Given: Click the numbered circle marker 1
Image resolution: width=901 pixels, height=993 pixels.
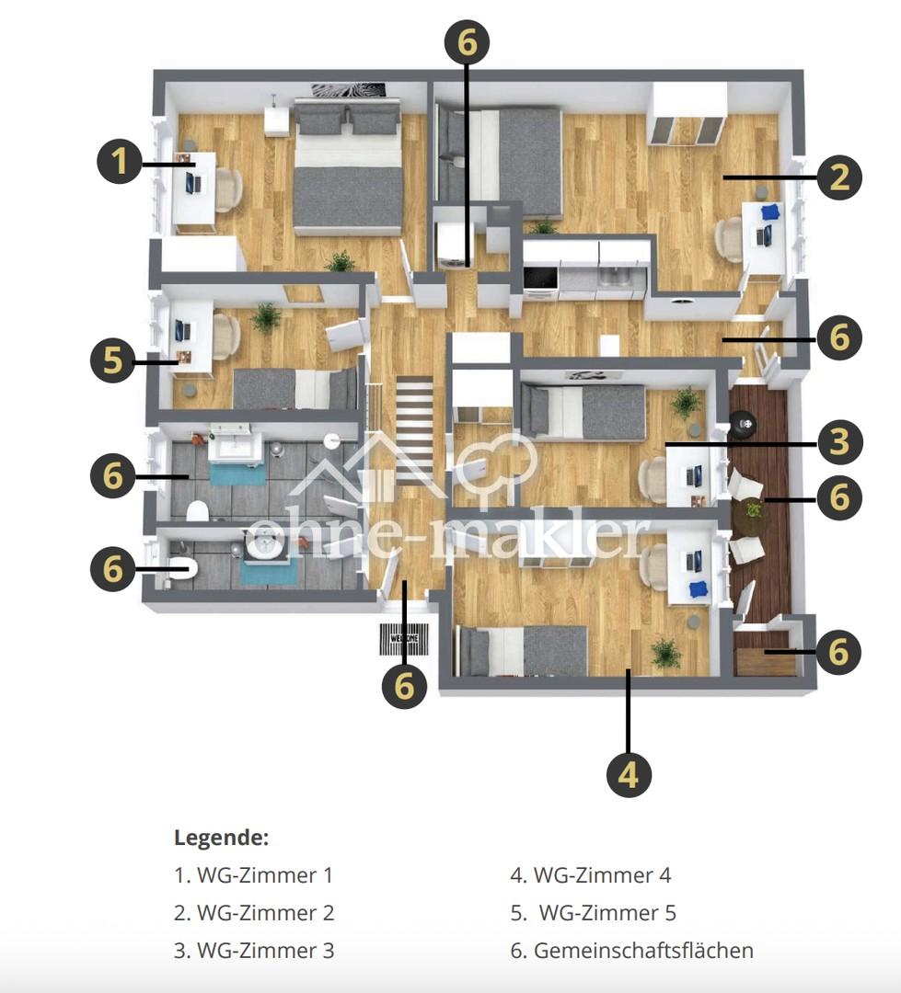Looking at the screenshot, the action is coord(120,162).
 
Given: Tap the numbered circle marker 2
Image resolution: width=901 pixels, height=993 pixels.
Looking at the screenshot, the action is coord(838,177).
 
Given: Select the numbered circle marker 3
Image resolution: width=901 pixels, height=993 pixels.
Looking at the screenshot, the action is coord(838,441).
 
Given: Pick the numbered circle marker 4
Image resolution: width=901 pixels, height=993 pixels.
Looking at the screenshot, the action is coord(629,774).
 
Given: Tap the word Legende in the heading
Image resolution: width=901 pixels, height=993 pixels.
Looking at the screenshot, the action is coord(221,838).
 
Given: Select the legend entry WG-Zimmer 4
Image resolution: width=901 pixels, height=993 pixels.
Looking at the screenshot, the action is coord(590,875).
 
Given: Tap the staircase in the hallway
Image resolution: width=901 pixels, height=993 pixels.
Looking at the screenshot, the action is coord(415,430).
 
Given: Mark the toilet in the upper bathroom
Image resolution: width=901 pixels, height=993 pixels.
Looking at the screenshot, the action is coord(198,510).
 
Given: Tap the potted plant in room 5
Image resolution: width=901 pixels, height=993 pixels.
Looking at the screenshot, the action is coord(266,317).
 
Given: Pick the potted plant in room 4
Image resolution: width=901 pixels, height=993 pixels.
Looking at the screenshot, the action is coord(665,652).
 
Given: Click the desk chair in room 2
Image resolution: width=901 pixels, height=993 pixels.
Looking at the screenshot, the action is coord(729,239).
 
